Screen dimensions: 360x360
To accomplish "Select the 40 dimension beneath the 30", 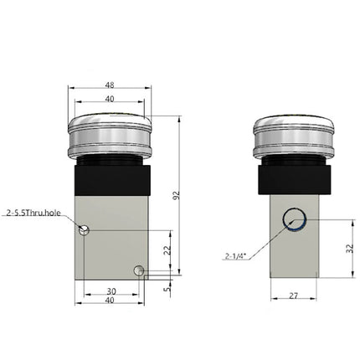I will (110, 301).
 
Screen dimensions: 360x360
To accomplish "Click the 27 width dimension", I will (293, 296).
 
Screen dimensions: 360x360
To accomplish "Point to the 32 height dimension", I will (349, 249).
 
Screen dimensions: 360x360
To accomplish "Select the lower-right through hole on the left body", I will (139, 270).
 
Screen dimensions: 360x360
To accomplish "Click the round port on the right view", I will (293, 220).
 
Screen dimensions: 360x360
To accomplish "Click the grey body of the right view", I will (293, 255).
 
